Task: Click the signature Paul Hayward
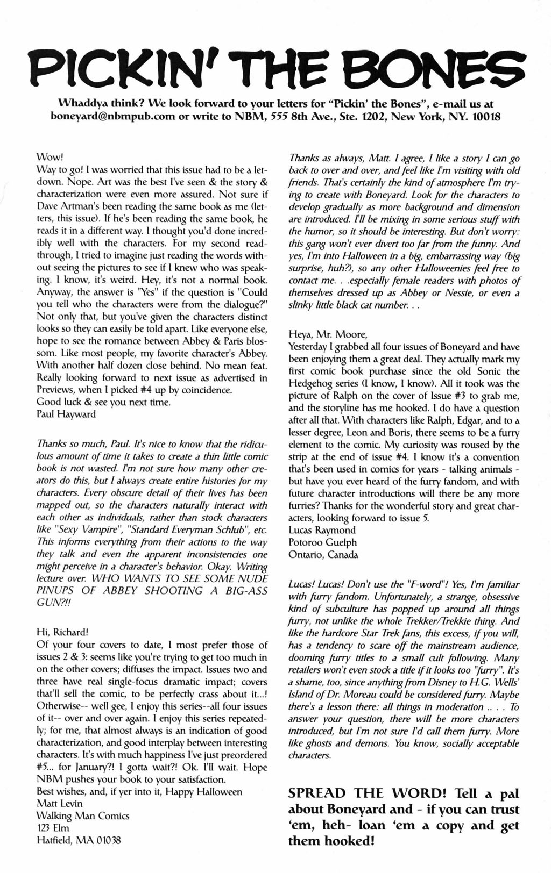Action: click(66, 414)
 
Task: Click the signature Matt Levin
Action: click(59, 804)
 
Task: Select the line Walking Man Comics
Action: click(83, 816)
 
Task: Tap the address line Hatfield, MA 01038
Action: click(79, 840)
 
